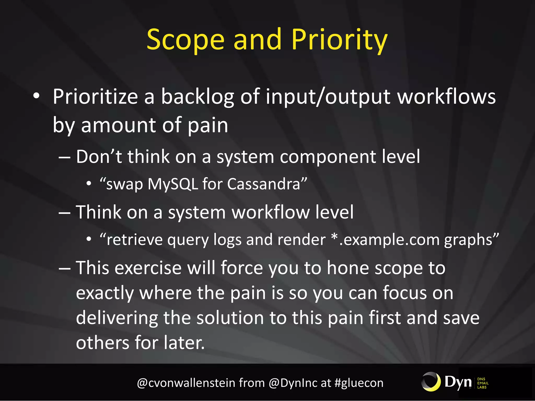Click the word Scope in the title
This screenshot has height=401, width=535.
pyautogui.click(x=185, y=40)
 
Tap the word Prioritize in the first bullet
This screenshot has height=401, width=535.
pyautogui.click(x=95, y=97)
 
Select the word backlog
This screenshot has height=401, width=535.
pyautogui.click(x=197, y=97)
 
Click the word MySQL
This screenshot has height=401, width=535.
pyautogui.click(x=173, y=184)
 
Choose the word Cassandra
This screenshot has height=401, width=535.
pyautogui.click(x=264, y=184)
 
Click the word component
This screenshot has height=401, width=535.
pyautogui.click(x=328, y=157)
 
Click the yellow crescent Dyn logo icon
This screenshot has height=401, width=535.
pyautogui.click(x=431, y=382)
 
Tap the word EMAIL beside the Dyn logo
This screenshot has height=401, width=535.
pyautogui.click(x=483, y=383)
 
